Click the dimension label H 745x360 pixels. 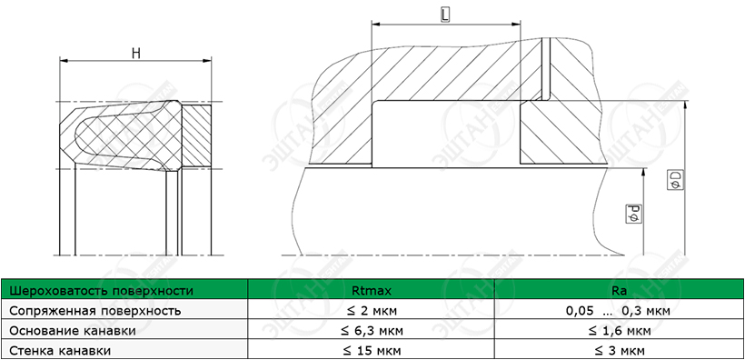[136, 54]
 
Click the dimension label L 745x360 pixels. [445, 15]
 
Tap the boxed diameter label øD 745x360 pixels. [676, 180]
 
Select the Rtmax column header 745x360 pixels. [372, 291]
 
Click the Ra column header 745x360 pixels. [619, 291]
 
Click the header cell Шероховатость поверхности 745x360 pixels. [102, 291]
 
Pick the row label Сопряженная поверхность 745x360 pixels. [95, 311]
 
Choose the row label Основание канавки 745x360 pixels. [73, 331]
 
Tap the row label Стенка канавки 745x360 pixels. [60, 351]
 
